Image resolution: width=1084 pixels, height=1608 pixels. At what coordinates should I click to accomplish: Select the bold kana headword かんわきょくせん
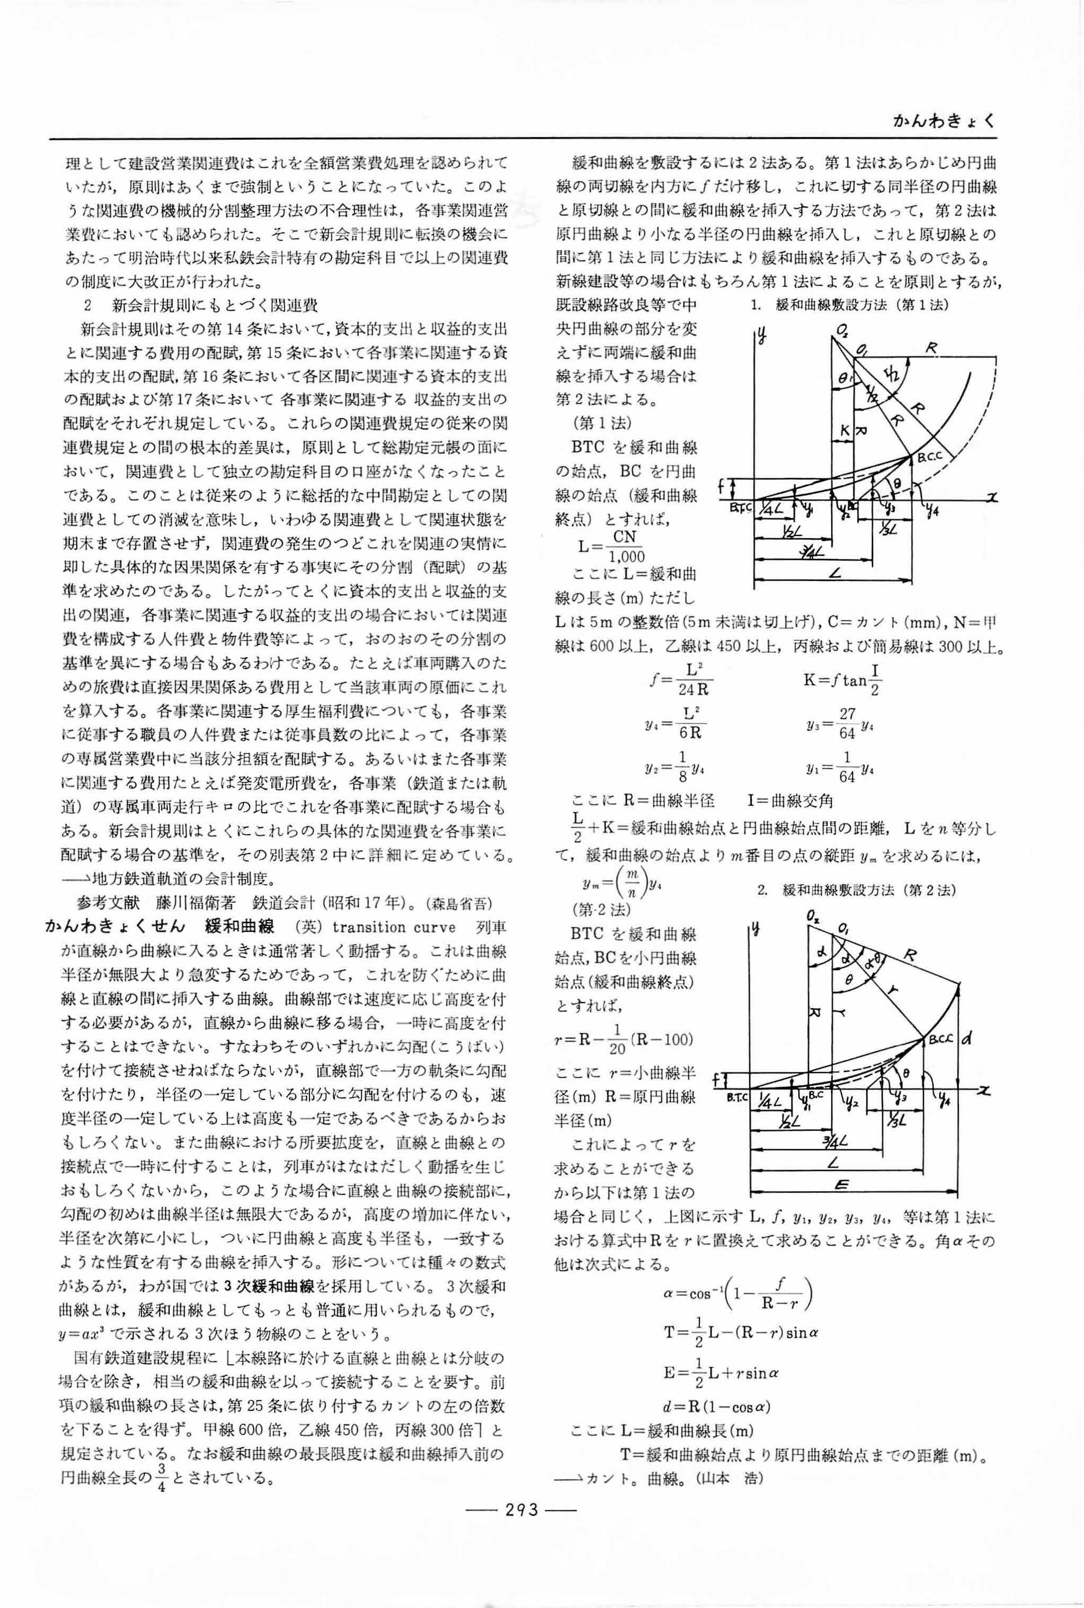tap(115, 928)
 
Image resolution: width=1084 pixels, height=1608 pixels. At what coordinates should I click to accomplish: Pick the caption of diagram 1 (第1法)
tap(848, 305)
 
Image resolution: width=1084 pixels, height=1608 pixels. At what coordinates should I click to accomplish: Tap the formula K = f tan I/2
tap(842, 681)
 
